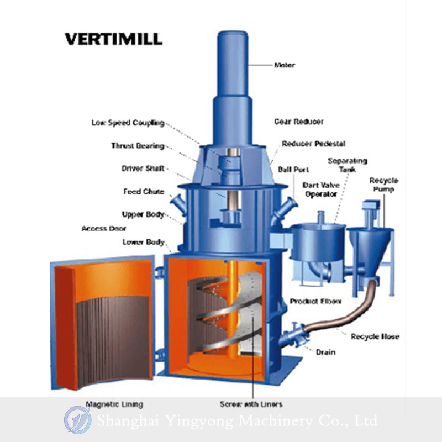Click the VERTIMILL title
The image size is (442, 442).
[x=113, y=39]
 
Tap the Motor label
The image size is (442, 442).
[x=285, y=65]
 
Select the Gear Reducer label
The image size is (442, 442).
[x=299, y=122]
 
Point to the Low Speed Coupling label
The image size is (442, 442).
[x=128, y=123]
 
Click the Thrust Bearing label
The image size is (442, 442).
[x=138, y=146]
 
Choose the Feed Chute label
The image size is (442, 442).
[x=143, y=192]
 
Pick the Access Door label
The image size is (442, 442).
[x=104, y=228]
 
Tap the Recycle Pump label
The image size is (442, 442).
[x=383, y=185]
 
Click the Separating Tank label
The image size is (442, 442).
[x=347, y=165]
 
